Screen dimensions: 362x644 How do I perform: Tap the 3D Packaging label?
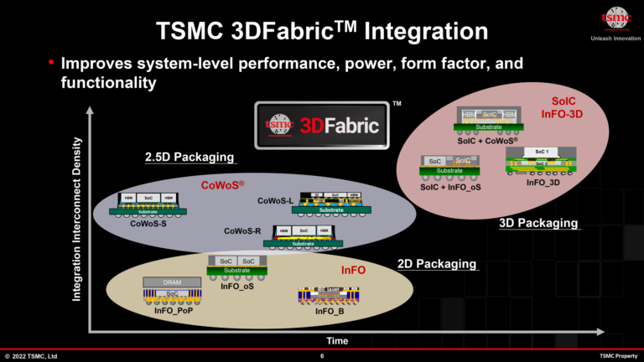[538, 223]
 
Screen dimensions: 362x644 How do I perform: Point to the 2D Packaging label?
[437, 265]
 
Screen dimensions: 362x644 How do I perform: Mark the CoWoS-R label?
[242, 230]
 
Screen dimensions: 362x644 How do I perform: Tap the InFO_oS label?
[237, 286]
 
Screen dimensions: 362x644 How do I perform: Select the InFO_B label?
[330, 312]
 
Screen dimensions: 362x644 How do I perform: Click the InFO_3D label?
[543, 181]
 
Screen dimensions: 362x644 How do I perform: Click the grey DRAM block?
[171, 282]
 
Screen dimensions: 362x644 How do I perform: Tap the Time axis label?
[337, 341]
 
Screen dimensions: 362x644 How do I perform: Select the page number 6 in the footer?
[322, 356]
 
